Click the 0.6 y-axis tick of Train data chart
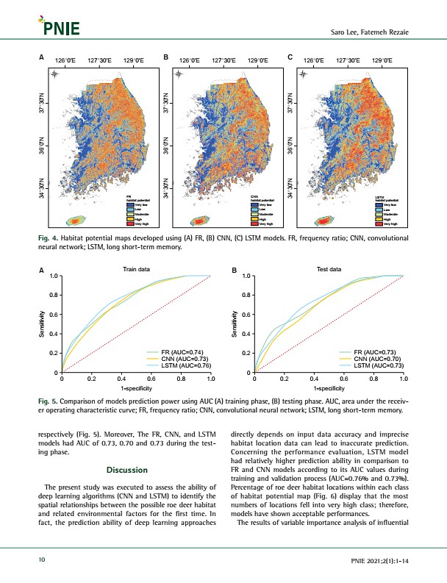[54, 315]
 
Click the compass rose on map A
[55, 75]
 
